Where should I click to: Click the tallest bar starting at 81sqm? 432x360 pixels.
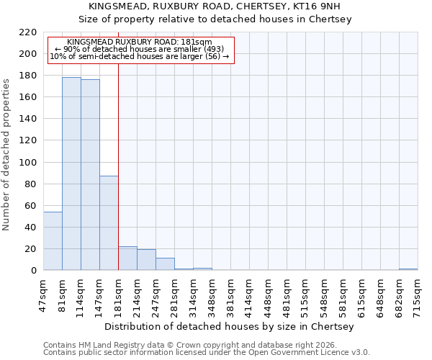tap(71, 174)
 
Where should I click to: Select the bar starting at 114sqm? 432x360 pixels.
tap(90, 175)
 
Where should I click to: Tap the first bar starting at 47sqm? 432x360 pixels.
tap(53, 240)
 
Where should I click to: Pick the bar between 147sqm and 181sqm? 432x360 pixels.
tap(109, 223)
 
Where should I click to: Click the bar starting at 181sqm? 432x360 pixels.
tap(127, 258)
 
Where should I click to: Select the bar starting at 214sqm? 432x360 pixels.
tap(146, 260)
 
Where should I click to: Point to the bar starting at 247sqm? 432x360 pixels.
tap(165, 264)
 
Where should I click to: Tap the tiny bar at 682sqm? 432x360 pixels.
tap(408, 269)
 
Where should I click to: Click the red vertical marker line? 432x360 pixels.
tap(118, 166)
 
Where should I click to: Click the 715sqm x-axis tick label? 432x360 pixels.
tap(418, 295)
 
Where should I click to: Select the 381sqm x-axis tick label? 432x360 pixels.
tap(230, 295)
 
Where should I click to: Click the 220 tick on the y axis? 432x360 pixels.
tap(29, 32)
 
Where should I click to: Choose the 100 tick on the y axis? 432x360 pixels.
tap(29, 162)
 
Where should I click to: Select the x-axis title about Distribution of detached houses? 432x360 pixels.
tap(234, 326)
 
